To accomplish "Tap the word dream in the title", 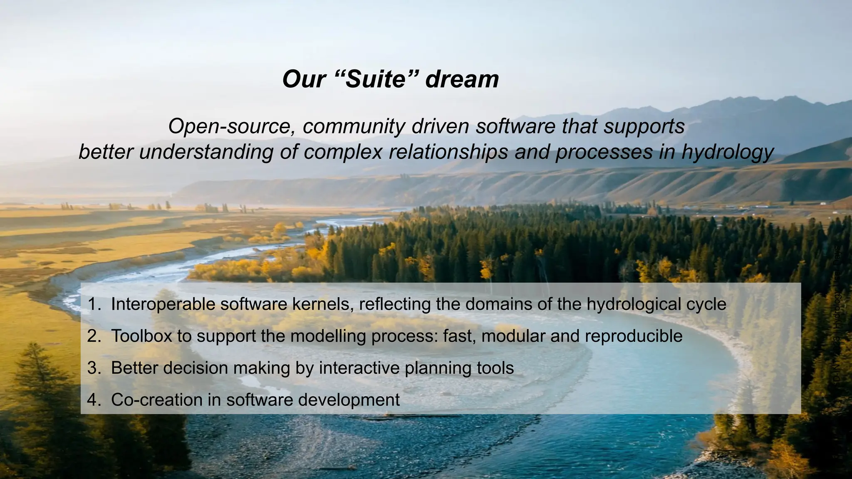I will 462,79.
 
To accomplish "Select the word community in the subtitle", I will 354,126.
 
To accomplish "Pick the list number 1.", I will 93,304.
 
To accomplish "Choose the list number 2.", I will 93,336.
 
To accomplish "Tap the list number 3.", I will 93,368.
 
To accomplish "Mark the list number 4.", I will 93,400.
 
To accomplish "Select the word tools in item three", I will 495,368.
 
